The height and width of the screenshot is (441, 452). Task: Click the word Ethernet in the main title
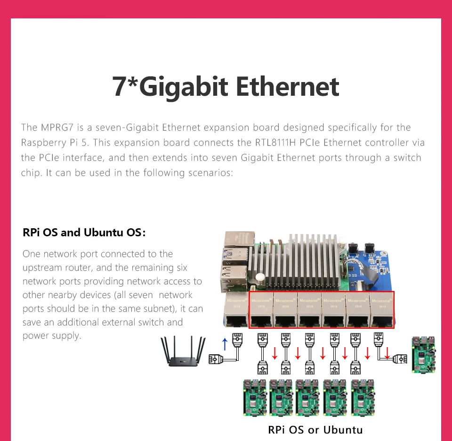287,86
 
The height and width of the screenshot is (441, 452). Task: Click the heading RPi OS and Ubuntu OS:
84,233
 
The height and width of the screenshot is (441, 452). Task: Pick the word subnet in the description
158,308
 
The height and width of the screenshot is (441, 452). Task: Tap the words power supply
52,336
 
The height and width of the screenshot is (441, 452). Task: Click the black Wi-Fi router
183,351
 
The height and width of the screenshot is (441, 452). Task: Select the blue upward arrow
225,344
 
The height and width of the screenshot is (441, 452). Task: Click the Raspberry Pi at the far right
423,355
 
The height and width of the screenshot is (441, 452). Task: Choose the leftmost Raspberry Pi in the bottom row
255,398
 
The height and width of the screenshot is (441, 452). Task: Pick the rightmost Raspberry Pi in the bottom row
363,398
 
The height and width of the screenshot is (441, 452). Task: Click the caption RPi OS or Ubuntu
315,430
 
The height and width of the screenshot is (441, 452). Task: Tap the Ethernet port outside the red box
236,309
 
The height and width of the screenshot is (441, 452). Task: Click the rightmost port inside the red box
382,310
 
